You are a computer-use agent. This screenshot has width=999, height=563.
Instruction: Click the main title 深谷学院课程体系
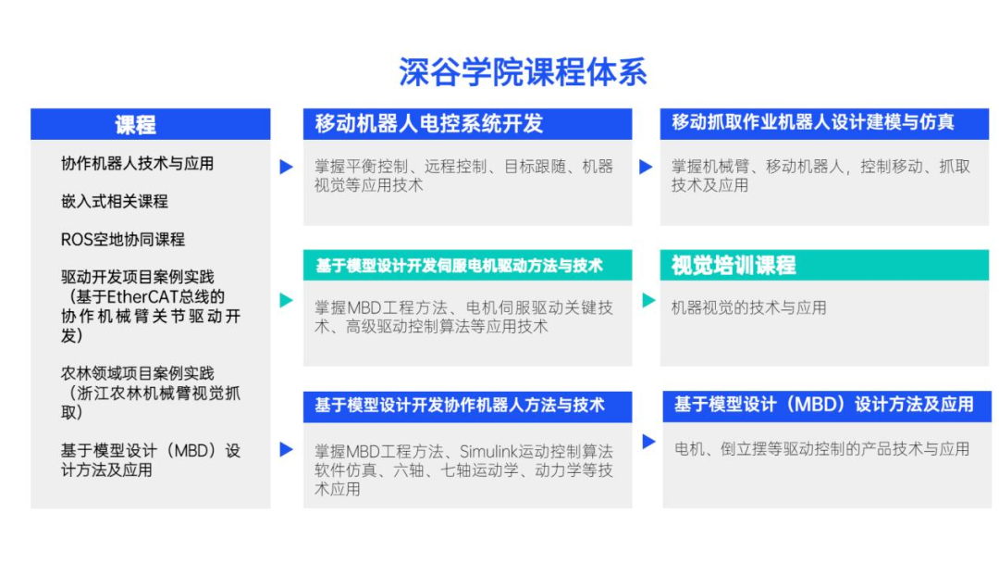[523, 71]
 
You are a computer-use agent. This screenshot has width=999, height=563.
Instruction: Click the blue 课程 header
[151, 124]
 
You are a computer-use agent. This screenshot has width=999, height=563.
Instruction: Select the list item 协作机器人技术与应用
[137, 164]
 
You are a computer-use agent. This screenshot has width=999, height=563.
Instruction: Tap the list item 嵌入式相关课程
[114, 202]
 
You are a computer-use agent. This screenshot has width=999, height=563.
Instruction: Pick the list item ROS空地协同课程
[122, 240]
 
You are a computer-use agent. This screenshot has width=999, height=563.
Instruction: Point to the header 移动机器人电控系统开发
[429, 124]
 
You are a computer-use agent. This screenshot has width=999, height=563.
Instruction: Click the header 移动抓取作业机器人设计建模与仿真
[813, 122]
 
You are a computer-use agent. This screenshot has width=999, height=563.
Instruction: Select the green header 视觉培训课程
[734, 265]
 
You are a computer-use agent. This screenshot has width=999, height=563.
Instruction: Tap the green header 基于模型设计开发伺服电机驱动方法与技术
[460, 265]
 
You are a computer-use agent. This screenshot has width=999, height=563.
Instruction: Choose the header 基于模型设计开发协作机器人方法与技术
[460, 406]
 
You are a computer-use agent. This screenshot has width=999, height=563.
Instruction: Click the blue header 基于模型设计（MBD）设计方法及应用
[824, 405]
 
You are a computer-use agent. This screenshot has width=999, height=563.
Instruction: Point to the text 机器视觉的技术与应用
[748, 308]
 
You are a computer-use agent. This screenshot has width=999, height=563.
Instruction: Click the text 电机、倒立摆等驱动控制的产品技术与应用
[822, 449]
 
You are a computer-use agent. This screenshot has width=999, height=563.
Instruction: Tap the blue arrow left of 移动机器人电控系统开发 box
[286, 167]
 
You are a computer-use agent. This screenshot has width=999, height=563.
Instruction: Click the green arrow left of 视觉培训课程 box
[648, 300]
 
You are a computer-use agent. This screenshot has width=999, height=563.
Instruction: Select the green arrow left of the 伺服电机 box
[286, 300]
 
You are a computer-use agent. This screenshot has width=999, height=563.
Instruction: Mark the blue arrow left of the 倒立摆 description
[648, 441]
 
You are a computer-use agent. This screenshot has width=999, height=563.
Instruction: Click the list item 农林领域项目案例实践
[137, 373]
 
